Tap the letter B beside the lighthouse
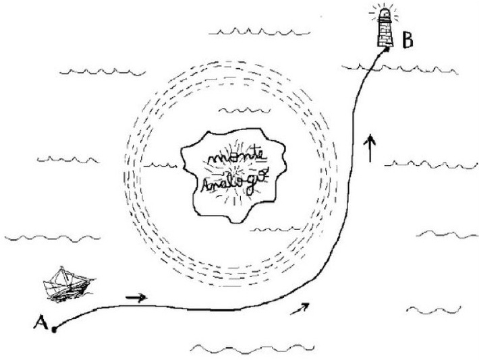(x=407, y=40)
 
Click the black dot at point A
(x=54, y=330)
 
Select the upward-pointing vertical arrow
(x=369, y=148)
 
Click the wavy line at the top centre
(x=260, y=32)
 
